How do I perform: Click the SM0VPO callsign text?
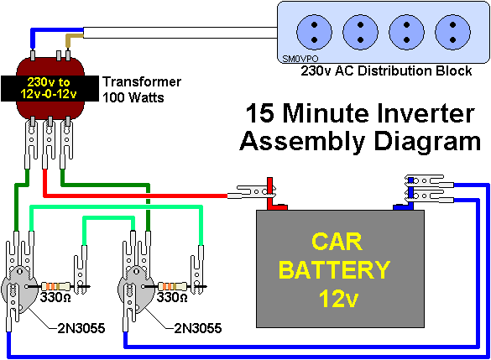tap(300, 59)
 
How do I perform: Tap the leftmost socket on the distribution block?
tap(314, 32)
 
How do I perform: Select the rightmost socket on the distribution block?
tap(452, 32)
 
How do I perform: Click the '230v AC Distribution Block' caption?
tap(386, 70)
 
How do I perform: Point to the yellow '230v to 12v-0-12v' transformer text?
tap(49, 88)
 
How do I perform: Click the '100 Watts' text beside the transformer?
tap(133, 97)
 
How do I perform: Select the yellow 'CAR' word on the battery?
tap(337, 242)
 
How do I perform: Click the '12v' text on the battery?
tap(338, 299)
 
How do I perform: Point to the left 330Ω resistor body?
tap(55, 286)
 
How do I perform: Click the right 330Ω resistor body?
tap(172, 286)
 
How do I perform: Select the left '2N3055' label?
tap(81, 328)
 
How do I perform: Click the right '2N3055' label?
tap(198, 328)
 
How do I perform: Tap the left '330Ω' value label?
tap(55, 297)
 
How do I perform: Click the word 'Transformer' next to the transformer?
tap(142, 82)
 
